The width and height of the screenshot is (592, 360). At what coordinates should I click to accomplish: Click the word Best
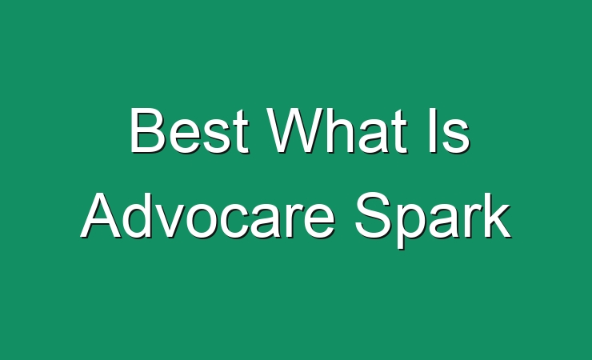point(189,130)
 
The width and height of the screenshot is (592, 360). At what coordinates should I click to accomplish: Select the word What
point(337,130)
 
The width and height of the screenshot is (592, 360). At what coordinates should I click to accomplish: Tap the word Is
point(450,130)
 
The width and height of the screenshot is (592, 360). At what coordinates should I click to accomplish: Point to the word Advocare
point(208,216)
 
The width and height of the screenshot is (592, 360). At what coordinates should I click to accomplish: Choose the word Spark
point(433,220)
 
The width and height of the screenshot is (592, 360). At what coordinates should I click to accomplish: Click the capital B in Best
point(148,130)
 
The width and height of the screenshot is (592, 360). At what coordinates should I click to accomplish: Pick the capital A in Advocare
point(101,216)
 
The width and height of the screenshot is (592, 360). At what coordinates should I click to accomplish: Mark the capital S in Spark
point(374,215)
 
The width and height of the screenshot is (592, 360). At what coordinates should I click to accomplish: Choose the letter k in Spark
point(497,216)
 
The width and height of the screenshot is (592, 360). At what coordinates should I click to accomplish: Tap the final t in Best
point(242,133)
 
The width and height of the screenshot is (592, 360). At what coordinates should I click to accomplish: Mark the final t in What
point(400,133)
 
